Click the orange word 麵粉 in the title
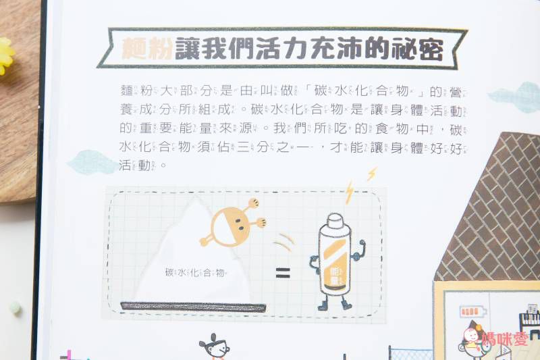coord(147,49)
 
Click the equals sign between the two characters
coord(282,274)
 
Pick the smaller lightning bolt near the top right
coord(371,174)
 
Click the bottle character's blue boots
coord(335,305)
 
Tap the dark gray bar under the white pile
coord(192,308)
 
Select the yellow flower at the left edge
coord(5,56)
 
